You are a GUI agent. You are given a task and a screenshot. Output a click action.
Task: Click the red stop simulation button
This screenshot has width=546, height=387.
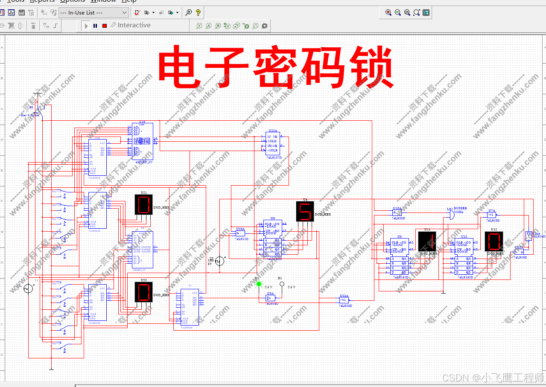tap(105, 26)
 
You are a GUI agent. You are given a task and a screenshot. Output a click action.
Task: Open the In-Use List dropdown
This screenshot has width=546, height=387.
tap(93, 13)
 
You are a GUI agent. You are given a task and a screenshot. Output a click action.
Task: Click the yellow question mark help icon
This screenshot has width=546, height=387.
tap(198, 13)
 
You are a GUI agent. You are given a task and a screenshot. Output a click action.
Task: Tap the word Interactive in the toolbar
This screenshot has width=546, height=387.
tap(134, 26)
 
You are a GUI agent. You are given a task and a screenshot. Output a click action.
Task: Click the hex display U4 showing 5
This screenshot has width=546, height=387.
tap(305, 211)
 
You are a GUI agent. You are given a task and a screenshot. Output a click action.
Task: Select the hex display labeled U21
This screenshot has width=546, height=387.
tap(143, 205)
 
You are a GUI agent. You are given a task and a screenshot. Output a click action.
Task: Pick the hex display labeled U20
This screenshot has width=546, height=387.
tap(143, 292)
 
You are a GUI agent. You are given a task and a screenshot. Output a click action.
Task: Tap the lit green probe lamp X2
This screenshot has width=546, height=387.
tap(258, 284)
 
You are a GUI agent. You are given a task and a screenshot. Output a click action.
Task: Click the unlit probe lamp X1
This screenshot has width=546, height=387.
tap(282, 284)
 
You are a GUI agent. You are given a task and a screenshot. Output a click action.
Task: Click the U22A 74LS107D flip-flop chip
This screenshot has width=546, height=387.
tap(272, 143)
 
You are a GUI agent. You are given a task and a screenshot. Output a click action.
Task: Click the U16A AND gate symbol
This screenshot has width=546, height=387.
tap(397, 213)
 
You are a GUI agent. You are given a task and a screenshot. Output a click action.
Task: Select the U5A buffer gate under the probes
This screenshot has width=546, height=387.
tap(270, 298)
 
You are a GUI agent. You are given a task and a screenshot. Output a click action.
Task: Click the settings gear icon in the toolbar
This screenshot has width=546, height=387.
tap(265, 26)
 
